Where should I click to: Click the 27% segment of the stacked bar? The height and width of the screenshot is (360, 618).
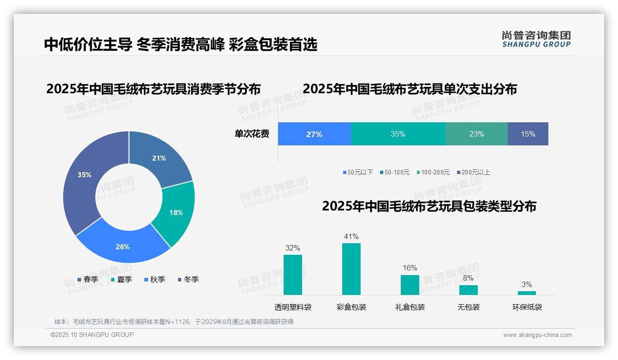point(314,134)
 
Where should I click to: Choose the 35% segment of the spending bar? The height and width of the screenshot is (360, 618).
point(398,134)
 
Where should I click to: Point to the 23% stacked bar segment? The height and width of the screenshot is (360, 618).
point(476,134)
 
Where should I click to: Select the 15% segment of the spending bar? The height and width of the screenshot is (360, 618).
point(528,134)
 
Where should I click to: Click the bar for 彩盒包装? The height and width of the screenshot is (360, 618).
point(351,269)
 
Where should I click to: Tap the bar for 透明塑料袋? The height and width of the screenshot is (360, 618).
point(292,275)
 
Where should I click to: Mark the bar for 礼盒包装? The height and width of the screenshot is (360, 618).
point(410,285)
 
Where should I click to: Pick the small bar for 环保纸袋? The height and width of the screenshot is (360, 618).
point(527,293)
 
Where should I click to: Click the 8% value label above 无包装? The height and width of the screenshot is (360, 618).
point(468,278)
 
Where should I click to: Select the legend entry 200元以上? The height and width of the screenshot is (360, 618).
point(474,172)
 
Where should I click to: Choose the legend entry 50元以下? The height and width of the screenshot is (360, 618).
point(358,172)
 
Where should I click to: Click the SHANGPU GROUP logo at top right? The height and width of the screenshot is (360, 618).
point(536,39)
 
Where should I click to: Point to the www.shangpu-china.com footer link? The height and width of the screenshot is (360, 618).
point(537,335)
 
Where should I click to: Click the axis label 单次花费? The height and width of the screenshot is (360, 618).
point(252,134)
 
